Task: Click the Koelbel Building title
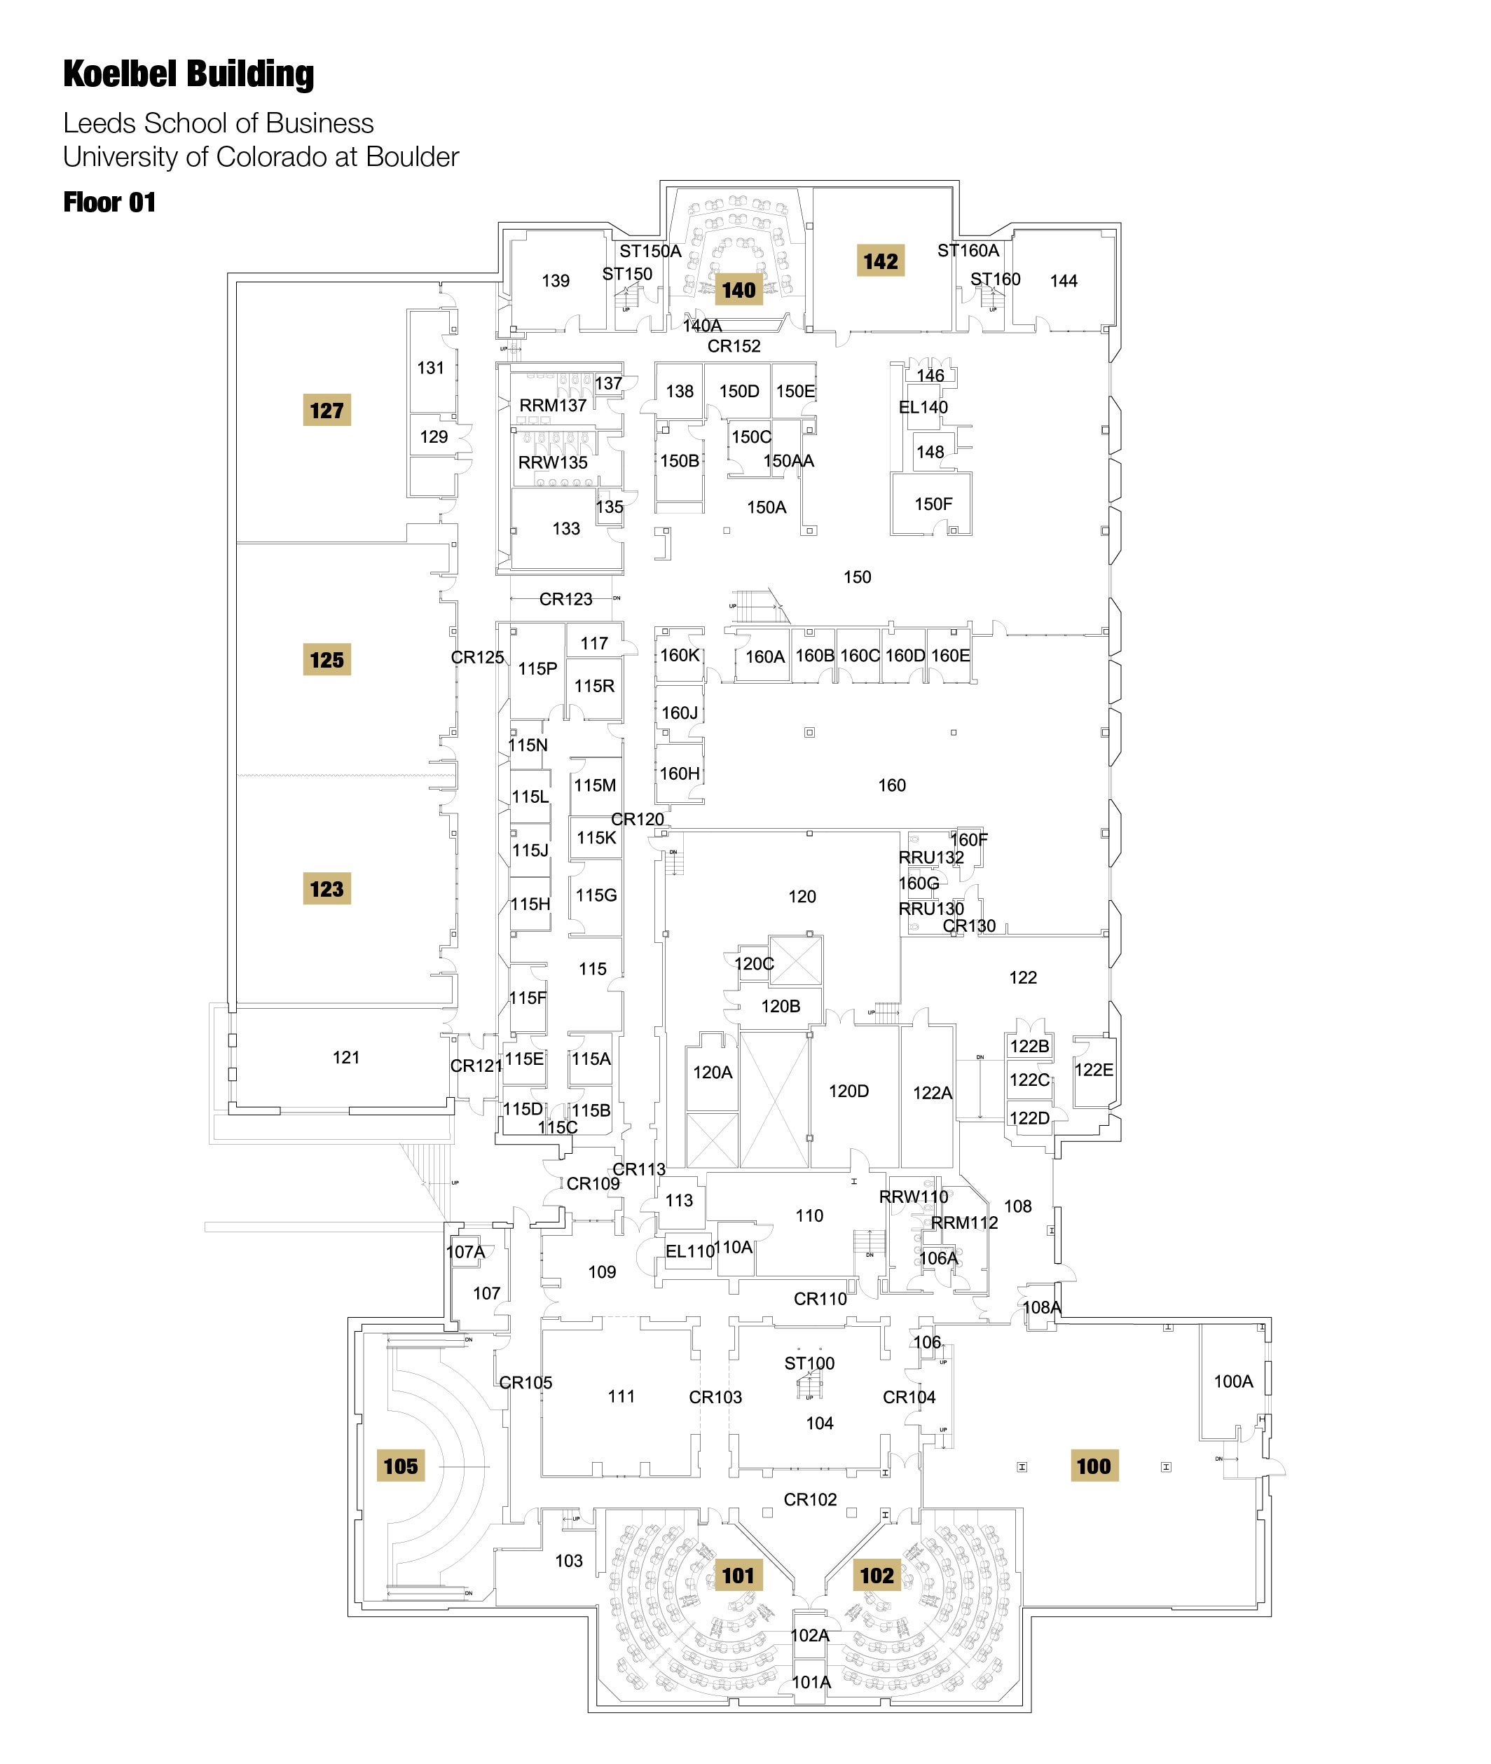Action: tap(188, 74)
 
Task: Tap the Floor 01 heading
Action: tap(109, 203)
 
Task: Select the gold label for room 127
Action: tap(327, 411)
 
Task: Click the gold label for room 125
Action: tap(327, 660)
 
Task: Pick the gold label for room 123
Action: tap(327, 889)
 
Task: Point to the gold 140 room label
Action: tap(738, 291)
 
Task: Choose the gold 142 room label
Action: tap(880, 262)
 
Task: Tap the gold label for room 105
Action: tap(400, 1466)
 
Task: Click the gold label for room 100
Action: tap(1093, 1466)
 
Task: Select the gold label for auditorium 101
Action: tap(737, 1576)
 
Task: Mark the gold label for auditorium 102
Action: tap(877, 1576)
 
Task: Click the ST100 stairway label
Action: tap(809, 1363)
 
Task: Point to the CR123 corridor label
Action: tap(565, 599)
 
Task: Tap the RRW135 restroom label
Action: tap(552, 463)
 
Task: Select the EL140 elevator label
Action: tap(923, 408)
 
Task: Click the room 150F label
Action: tap(933, 504)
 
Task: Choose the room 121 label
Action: tap(345, 1057)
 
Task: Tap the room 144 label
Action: tap(1064, 282)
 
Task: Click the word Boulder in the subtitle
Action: tap(413, 157)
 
